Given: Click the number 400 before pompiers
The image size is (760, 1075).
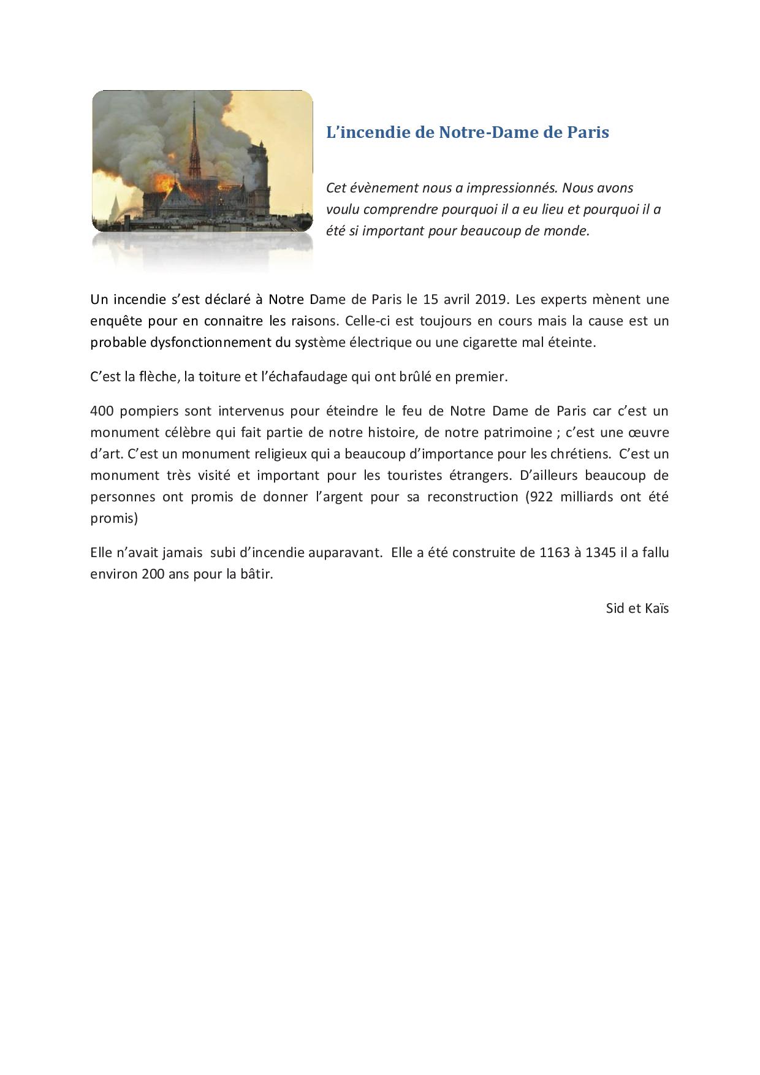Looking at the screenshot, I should (x=102, y=411).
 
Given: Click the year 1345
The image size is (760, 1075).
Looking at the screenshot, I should (x=601, y=553).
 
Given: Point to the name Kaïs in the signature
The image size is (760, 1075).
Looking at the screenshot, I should (x=656, y=609).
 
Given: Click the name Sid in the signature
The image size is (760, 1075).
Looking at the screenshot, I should (x=616, y=609).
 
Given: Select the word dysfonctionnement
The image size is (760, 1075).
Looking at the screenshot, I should (x=210, y=343).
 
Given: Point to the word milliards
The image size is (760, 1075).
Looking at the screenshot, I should (x=587, y=496).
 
